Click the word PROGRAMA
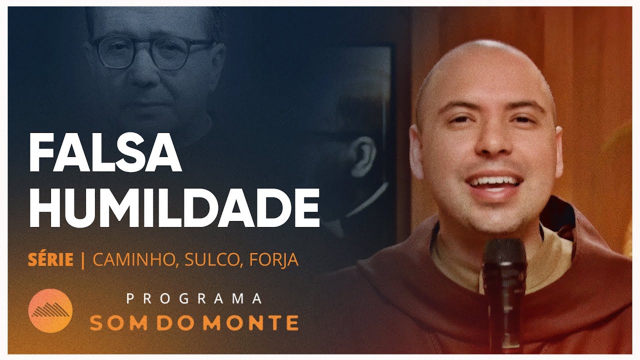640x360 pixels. tap(194, 298)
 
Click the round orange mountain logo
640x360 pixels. tap(50, 310)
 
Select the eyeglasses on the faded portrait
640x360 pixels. tap(152, 51)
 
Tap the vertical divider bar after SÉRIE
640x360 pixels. tap(83, 260)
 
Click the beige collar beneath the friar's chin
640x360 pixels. tap(455, 260)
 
